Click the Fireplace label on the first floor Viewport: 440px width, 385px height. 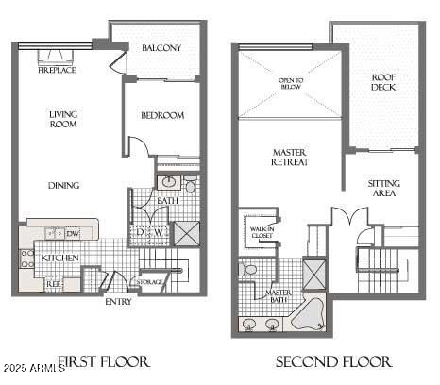click(x=58, y=70)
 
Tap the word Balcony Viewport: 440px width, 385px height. click(x=161, y=48)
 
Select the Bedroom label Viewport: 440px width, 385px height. click(x=162, y=116)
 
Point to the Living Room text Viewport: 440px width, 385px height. click(x=64, y=120)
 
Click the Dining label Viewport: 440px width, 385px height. click(x=64, y=185)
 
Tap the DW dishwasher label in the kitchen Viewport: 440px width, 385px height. click(x=73, y=232)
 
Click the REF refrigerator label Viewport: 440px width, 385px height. click(x=55, y=282)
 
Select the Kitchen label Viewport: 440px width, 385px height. click(x=59, y=258)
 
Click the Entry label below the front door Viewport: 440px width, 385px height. click(x=119, y=302)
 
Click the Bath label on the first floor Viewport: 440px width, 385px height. click(x=168, y=200)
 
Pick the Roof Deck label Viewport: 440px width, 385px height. click(x=383, y=82)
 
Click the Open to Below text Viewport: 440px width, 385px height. click(x=291, y=84)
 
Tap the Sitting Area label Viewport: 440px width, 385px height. click(x=384, y=189)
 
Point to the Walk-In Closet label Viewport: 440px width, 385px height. click(x=260, y=230)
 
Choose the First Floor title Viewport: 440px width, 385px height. click(x=104, y=361)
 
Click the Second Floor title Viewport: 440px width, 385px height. click(x=333, y=361)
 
